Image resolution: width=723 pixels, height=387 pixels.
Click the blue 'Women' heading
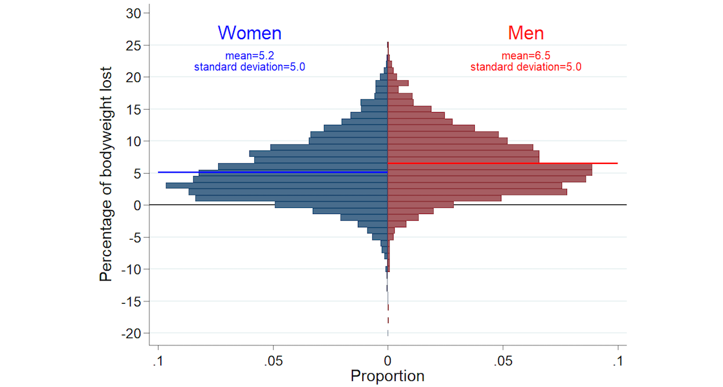coord(249,33)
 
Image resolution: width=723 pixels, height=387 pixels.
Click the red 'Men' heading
coord(526,33)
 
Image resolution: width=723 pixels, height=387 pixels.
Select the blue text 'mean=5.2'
coord(249,56)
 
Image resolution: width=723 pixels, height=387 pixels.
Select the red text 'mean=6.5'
coord(526,56)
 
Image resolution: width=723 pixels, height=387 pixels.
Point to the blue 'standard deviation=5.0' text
coord(249,67)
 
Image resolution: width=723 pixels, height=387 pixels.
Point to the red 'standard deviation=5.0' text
coord(526,67)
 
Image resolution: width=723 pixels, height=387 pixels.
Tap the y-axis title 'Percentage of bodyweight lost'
coord(107,174)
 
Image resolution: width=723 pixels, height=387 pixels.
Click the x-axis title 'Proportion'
coord(387,376)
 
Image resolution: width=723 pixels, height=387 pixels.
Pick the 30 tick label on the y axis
coord(134,13)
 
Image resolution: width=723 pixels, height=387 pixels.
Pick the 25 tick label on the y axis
coord(134,45)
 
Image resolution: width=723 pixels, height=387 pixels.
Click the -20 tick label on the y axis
coord(131,333)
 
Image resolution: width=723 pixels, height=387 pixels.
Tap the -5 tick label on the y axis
coord(134,238)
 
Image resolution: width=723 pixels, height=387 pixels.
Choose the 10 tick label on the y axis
coord(134,141)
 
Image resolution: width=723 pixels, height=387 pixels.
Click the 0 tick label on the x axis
coord(388,360)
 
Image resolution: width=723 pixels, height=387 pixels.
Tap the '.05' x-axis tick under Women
coord(273,360)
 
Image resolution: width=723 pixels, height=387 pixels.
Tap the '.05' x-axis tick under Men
coord(503,360)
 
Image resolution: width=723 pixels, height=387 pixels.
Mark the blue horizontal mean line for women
coord(181,172)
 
